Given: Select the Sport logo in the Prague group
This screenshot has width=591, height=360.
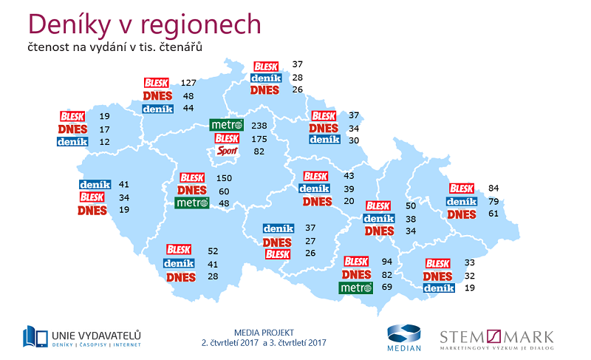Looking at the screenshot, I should click(x=227, y=152).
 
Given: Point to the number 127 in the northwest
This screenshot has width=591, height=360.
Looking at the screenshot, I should click(x=188, y=83).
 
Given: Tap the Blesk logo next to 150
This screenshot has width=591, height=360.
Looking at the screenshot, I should click(x=191, y=178).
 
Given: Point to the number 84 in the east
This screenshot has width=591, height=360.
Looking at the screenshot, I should click(x=494, y=189).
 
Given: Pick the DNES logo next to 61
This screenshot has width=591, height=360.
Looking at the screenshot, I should click(x=460, y=214).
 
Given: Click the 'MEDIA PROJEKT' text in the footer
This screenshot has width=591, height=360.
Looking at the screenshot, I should click(x=262, y=333).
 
